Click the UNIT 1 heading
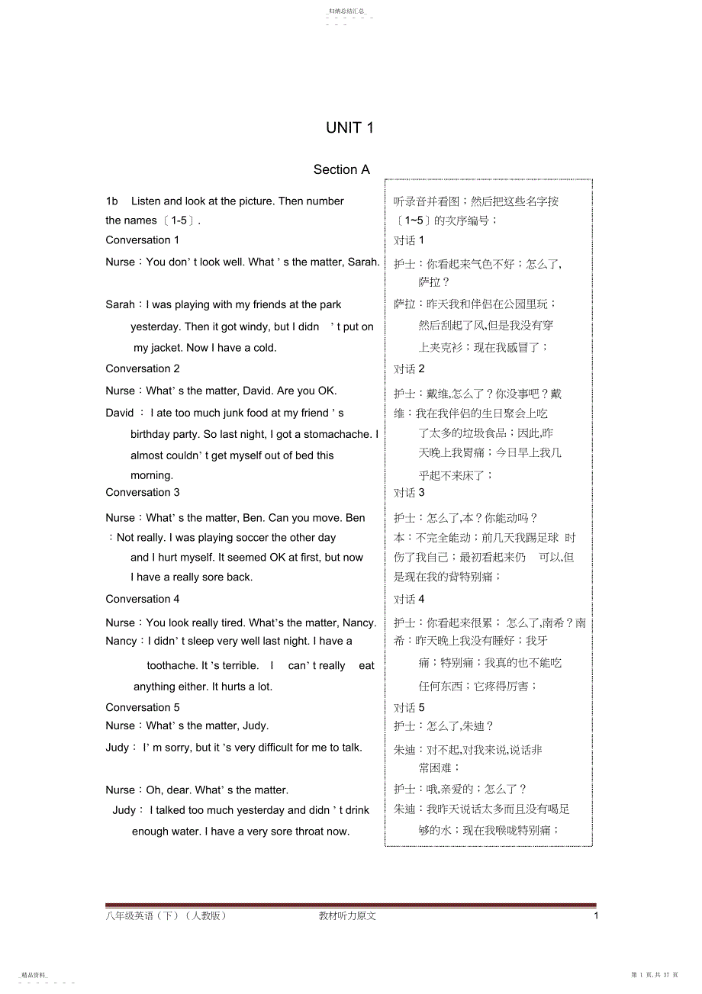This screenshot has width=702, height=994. point(349,128)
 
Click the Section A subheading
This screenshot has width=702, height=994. point(341,169)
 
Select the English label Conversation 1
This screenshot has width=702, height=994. point(143,240)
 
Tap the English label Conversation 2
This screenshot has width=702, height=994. point(143,368)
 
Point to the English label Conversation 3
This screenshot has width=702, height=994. point(143,492)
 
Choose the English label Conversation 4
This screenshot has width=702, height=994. point(143,599)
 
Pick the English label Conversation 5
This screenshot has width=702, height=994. point(143,707)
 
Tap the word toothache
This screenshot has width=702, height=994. point(172,665)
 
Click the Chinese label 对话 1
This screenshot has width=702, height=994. point(409,240)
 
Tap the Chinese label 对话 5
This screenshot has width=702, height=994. point(409,708)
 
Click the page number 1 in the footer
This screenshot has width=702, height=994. point(596,915)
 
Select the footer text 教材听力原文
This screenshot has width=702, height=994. point(347,915)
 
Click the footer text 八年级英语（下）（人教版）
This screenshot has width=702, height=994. point(166,915)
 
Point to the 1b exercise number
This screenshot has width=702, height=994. point(112,201)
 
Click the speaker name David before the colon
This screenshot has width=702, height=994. point(120,413)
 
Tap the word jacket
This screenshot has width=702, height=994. point(168,348)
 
